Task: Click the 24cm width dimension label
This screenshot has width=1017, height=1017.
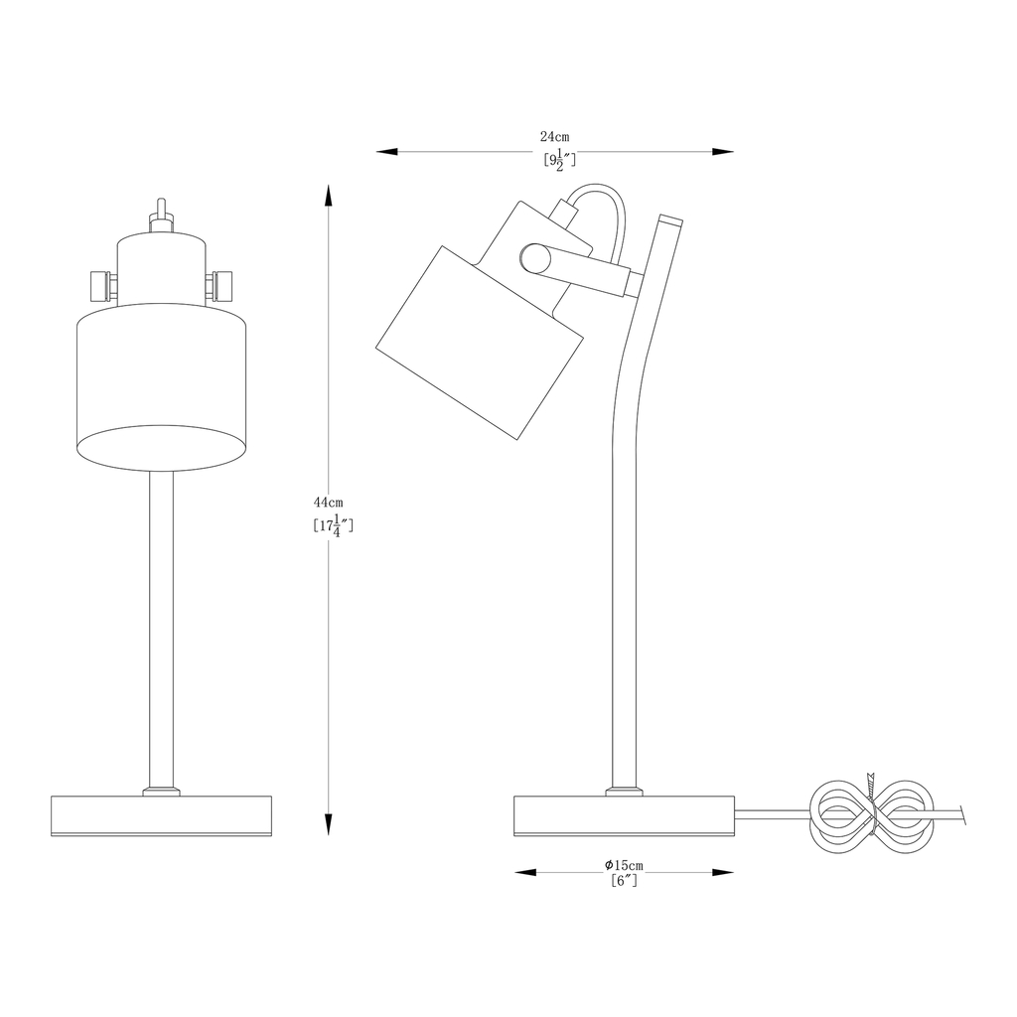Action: (x=554, y=137)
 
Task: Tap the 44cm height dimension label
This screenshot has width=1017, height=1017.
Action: (x=328, y=502)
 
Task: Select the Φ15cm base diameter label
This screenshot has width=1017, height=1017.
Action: (x=624, y=865)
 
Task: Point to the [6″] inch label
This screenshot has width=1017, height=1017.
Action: (x=624, y=880)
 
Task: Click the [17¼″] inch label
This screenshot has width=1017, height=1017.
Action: (x=333, y=526)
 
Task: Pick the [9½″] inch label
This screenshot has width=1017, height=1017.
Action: (x=559, y=160)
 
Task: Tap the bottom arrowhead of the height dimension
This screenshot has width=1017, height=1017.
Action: (x=329, y=822)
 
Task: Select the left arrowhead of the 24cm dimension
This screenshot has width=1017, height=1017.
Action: (x=387, y=152)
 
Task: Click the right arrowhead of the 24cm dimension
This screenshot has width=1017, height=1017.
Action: (x=723, y=152)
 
